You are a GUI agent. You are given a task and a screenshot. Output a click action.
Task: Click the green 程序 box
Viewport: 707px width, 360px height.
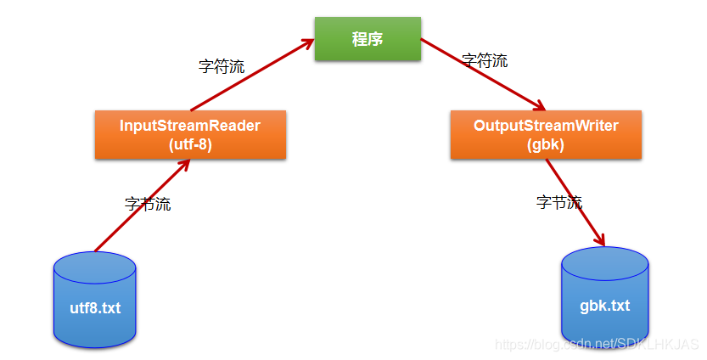(368, 39)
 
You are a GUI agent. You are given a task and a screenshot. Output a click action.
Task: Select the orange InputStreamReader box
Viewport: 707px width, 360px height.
(190, 134)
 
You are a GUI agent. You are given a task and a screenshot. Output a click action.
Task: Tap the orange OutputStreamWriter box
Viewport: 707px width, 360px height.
(546, 134)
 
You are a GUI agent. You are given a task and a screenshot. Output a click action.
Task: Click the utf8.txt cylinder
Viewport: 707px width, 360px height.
(95, 300)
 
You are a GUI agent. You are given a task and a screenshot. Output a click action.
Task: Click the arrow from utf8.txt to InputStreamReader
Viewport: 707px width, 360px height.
(143, 205)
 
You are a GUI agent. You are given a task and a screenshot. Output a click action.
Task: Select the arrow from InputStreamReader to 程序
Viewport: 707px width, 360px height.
(253, 75)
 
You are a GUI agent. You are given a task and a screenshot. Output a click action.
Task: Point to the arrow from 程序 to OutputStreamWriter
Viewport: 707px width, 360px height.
(484, 75)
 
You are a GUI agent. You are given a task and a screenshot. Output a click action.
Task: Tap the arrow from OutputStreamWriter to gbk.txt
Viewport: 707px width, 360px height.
(575, 203)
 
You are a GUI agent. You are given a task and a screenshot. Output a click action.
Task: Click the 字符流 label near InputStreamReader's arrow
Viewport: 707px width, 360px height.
(222, 66)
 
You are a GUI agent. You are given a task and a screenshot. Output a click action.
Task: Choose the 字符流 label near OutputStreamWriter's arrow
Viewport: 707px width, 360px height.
(485, 60)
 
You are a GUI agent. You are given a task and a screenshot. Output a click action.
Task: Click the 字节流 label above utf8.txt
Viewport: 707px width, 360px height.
(148, 204)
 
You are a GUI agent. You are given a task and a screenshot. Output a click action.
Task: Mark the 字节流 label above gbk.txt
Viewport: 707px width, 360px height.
(559, 202)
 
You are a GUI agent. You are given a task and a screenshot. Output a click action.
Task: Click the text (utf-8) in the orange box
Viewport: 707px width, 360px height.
(190, 145)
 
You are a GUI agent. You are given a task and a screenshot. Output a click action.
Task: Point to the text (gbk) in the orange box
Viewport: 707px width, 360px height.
(546, 145)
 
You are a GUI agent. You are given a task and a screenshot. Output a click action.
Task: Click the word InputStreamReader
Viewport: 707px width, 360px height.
(190, 126)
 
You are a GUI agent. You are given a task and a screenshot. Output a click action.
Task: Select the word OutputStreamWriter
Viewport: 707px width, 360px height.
(546, 126)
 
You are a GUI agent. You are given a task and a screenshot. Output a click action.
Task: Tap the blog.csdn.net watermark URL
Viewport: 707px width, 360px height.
(597, 344)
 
